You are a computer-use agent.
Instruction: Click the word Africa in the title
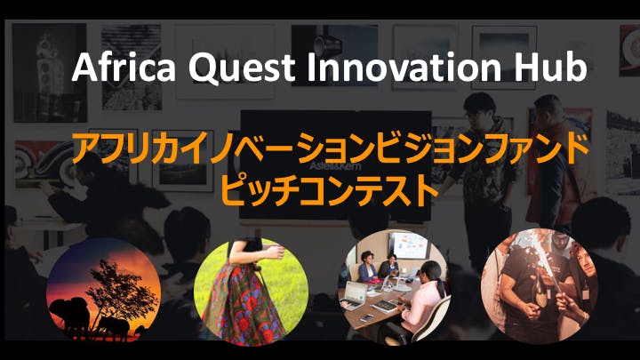tap(124, 67)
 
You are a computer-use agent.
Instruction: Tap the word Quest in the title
tap(242, 68)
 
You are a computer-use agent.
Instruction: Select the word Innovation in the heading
tap(404, 67)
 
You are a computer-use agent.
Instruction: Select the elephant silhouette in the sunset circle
tap(68, 315)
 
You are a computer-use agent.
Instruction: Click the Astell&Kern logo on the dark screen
tap(335, 165)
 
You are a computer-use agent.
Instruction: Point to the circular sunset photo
tap(104, 290)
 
